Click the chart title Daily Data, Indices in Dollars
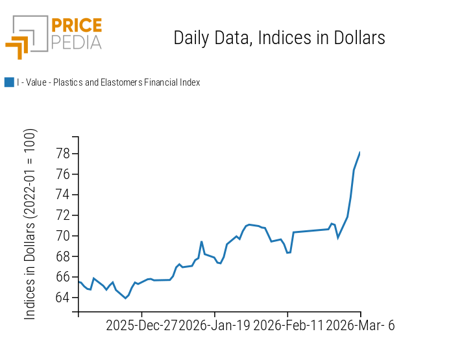pos(279,38)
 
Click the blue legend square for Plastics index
pos(9,82)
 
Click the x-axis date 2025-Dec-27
pos(141,326)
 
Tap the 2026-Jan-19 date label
pos(214,326)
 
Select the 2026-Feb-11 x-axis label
pos(287,326)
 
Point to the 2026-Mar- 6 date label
pos(360,326)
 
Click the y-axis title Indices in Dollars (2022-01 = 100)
pos(30,224)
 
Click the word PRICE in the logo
pos(76,26)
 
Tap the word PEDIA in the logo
pos(76,42)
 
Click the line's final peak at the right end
pos(360,152)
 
